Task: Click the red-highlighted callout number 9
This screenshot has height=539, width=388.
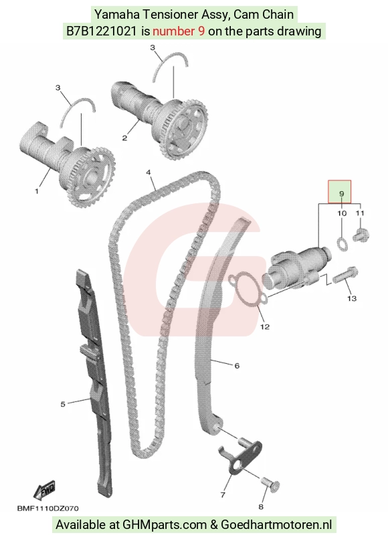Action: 341,193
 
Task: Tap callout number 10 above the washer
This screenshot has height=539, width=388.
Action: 342,213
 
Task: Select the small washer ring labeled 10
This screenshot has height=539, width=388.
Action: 342,243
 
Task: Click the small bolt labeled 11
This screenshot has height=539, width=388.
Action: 361,236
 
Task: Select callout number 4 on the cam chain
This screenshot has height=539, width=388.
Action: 149,173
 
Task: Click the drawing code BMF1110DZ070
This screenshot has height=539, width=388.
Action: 47,508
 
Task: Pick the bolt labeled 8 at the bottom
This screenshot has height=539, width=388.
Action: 271,483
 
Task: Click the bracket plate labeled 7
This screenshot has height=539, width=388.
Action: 239,457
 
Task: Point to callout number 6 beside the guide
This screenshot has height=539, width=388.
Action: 237,366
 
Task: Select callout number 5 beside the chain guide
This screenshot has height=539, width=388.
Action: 63,404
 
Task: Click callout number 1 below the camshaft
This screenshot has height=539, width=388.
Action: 37,191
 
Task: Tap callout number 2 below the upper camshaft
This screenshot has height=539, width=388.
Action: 124,138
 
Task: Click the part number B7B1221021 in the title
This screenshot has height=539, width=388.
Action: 101,31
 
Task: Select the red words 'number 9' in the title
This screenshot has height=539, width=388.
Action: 179,31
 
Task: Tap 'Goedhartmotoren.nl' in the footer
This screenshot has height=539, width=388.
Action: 276,525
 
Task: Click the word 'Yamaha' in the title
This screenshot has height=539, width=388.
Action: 117,15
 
